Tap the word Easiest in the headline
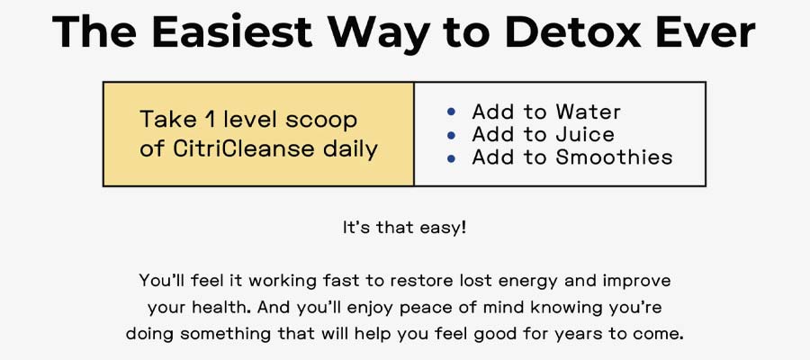coord(232,32)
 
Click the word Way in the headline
coord(379,34)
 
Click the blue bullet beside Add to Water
coord(451,112)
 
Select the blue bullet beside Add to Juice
coord(451,135)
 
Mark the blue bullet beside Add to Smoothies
coord(451,158)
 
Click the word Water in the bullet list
coord(588,112)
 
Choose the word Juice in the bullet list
coord(585,135)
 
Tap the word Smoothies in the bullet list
coord(614,157)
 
